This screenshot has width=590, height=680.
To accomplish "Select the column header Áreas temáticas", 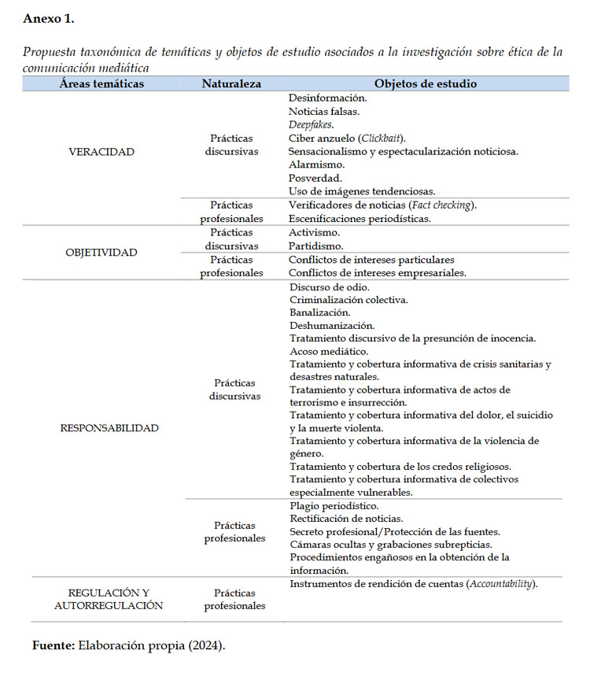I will [x=101, y=83].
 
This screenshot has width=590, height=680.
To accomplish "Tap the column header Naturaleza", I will [x=231, y=83].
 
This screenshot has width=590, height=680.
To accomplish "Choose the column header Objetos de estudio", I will [x=425, y=83].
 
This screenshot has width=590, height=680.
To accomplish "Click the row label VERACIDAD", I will [x=101, y=152].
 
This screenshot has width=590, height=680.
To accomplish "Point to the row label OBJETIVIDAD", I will [x=101, y=253].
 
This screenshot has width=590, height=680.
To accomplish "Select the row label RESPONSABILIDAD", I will [x=109, y=428].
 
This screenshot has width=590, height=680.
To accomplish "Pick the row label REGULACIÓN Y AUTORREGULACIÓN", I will [x=109, y=599].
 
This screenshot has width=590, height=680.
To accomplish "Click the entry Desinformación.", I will [x=328, y=98].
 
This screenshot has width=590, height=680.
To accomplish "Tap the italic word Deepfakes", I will [x=311, y=124].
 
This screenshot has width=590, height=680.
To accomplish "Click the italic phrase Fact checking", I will [x=442, y=205].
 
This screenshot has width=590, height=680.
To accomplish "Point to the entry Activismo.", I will [x=315, y=233].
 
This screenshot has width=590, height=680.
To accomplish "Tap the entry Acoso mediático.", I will [x=329, y=351].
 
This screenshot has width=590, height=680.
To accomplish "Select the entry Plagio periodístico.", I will [x=334, y=505].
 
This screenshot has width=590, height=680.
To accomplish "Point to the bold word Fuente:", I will [x=53, y=645].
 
